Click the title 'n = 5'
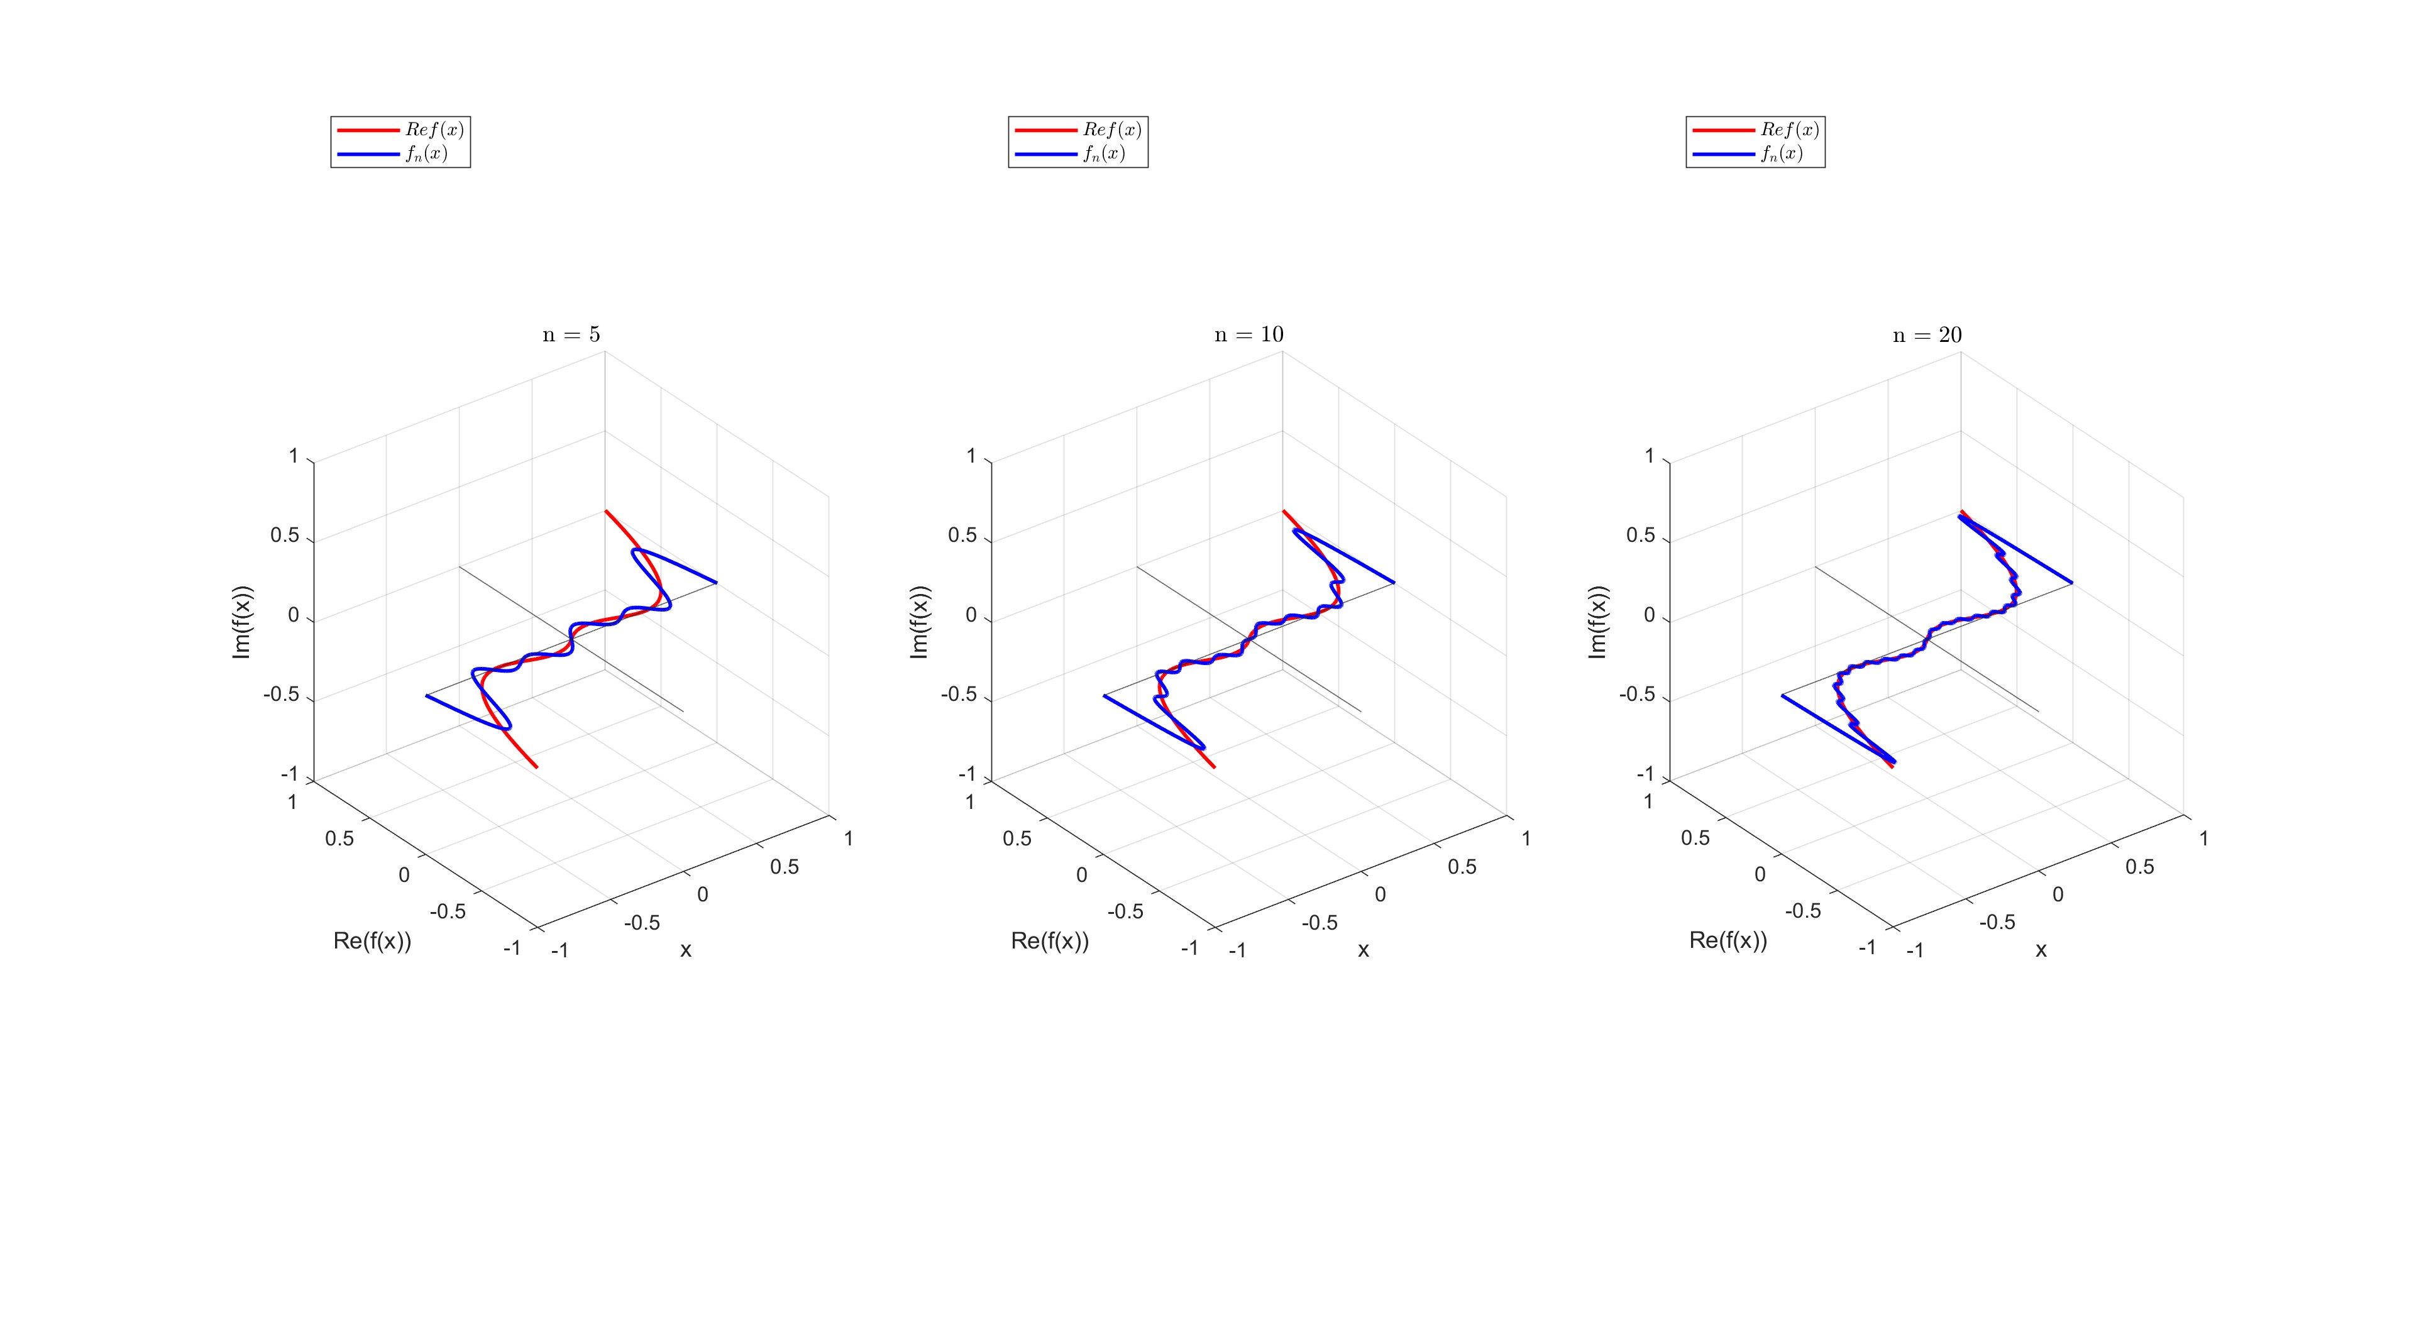571,334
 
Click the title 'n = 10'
1248,334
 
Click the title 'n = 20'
1927,334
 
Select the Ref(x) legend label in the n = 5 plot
434,129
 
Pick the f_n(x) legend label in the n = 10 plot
1104,153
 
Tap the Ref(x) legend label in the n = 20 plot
1789,129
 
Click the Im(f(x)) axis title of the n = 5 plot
242,621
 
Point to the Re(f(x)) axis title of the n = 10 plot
1050,941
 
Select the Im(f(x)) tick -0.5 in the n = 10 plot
959,695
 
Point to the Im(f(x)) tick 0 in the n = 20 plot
1650,615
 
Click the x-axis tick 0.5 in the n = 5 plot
785,867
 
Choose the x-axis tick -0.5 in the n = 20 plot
1997,922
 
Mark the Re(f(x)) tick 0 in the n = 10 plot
1081,874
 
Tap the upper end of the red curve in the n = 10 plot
1284,512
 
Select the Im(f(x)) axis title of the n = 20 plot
1598,621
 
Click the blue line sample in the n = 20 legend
1722,153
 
